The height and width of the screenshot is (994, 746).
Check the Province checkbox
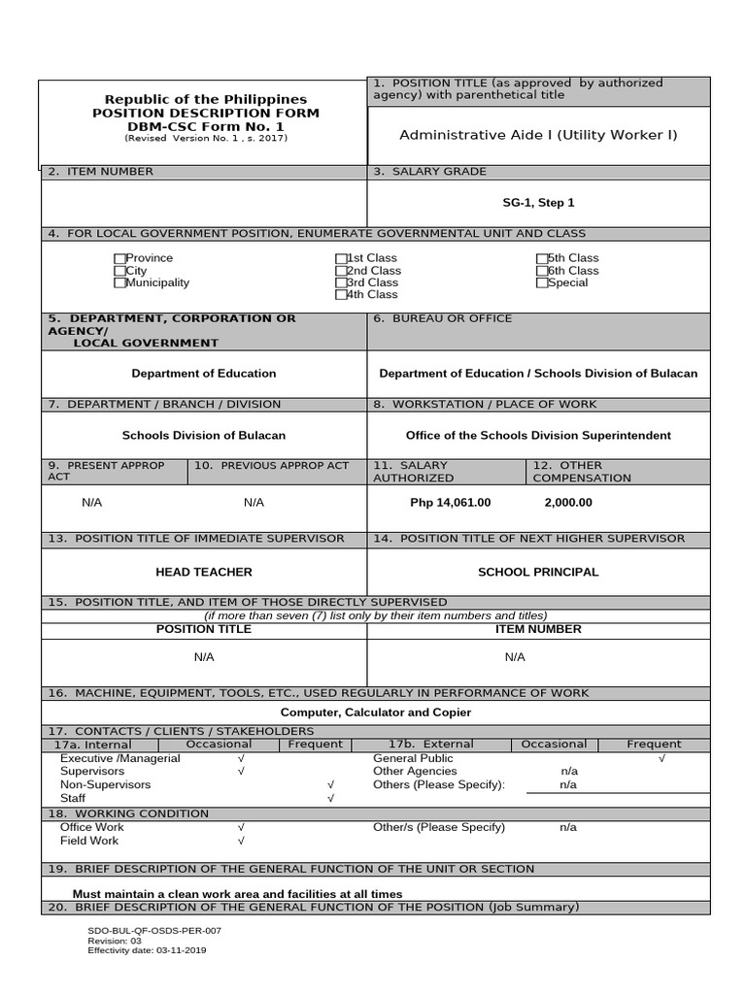[119, 258]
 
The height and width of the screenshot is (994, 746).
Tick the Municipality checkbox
[119, 283]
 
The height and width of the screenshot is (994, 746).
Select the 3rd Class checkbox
[341, 282]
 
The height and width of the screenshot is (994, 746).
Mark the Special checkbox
[541, 283]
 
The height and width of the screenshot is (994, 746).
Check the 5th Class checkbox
[541, 258]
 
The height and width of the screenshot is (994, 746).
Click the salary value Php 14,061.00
[451, 503]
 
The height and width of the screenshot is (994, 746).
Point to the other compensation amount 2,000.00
[568, 503]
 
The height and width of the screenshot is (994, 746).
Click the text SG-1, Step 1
[538, 203]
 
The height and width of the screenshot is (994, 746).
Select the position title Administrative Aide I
[538, 135]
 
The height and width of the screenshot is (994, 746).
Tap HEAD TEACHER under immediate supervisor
[204, 573]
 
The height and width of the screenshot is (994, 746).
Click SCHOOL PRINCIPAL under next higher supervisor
[538, 573]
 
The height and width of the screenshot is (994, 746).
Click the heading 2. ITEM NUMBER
[101, 172]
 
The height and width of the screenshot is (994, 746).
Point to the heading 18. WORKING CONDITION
[128, 813]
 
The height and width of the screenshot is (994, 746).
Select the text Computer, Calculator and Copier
[375, 712]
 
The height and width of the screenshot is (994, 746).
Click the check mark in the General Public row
[661, 758]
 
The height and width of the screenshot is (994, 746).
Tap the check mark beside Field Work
[241, 842]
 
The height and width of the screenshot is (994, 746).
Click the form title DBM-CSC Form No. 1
[205, 126]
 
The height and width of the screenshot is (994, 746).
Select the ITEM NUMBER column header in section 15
[538, 629]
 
